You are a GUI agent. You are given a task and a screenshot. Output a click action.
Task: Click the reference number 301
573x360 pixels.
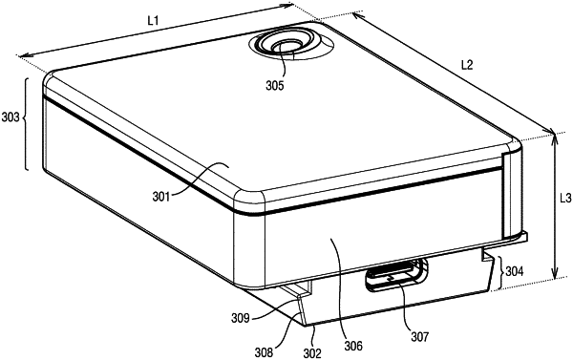tap(161, 197)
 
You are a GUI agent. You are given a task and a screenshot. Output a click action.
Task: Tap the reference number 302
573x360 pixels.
tap(312, 353)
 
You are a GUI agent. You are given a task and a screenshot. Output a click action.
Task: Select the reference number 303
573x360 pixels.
tap(11, 117)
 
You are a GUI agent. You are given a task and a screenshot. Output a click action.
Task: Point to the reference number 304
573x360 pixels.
tap(514, 271)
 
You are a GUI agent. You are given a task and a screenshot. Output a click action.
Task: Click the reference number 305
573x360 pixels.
tap(275, 86)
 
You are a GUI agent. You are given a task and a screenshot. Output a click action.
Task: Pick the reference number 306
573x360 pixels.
tap(353, 346)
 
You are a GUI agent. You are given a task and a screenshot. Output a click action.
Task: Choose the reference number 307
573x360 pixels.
tap(419, 336)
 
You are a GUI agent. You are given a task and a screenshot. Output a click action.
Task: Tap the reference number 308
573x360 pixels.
tap(264, 352)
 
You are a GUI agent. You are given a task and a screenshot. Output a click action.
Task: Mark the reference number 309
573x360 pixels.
tap(241, 318)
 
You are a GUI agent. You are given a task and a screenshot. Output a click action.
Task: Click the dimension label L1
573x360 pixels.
tap(153, 21)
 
